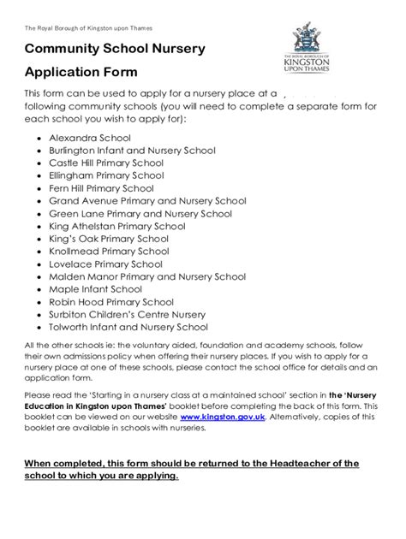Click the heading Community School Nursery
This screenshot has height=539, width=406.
[115, 49]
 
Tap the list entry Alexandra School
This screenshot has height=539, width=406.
[90, 136]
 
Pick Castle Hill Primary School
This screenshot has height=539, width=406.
[106, 162]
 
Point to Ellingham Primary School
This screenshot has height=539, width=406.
[106, 175]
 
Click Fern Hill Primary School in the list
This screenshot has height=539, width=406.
[102, 187]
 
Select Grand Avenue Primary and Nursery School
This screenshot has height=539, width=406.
[147, 200]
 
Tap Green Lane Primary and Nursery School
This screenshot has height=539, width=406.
[140, 213]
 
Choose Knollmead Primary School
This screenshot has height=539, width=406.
[109, 252]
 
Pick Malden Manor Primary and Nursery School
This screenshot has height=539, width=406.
[147, 276]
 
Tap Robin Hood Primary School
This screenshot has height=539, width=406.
[111, 301]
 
